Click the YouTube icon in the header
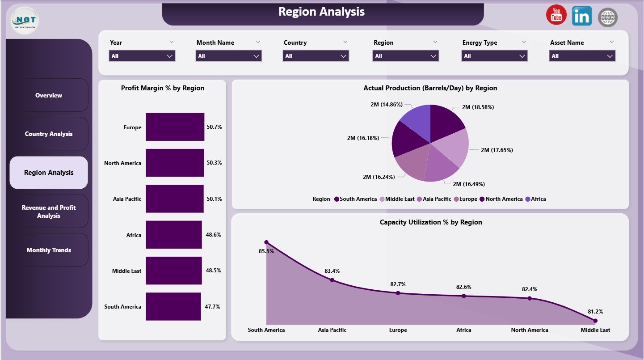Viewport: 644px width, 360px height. click(x=556, y=16)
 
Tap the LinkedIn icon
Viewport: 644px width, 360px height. click(x=581, y=17)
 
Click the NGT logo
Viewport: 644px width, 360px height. click(x=25, y=21)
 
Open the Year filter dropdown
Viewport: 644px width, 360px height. click(x=142, y=56)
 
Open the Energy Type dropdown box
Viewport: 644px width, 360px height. click(x=494, y=56)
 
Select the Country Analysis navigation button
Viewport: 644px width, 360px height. click(x=49, y=134)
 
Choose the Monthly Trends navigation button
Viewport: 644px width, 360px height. click(x=49, y=250)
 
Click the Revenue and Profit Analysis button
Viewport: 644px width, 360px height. click(x=49, y=212)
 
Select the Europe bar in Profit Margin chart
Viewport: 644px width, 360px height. click(x=175, y=127)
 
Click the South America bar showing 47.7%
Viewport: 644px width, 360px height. click(x=173, y=306)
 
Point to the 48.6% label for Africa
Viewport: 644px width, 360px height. click(x=214, y=235)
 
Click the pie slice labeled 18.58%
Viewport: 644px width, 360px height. click(x=447, y=123)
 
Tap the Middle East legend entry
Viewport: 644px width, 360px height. click(x=397, y=199)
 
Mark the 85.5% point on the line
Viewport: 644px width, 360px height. click(x=266, y=242)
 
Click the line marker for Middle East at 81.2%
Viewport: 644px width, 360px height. click(x=595, y=320)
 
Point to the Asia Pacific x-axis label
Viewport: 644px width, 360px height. click(x=332, y=330)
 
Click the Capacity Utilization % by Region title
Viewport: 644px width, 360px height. click(x=430, y=222)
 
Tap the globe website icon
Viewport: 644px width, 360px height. click(x=607, y=17)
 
